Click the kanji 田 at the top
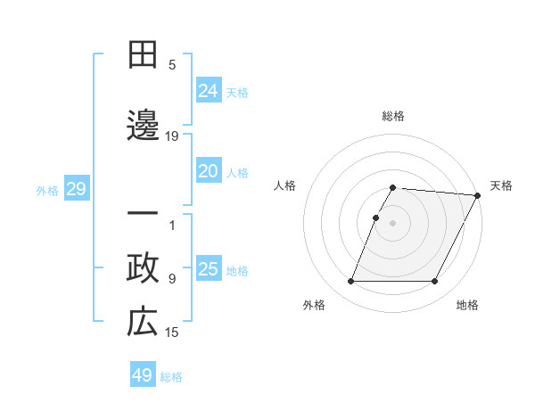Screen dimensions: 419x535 coord(143,55)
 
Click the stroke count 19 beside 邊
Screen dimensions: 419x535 coord(172,136)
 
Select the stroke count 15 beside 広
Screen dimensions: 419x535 coord(172,333)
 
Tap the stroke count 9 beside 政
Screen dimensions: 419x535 coord(172,279)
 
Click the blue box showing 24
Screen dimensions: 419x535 coord(209,90)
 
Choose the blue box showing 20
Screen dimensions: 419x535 coord(209,171)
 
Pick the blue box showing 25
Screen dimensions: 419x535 coord(209,269)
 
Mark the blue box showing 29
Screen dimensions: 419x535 coord(76,189)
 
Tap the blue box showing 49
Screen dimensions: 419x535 coord(143,375)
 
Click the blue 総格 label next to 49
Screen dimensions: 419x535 coord(171,377)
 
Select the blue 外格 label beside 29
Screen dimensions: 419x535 coord(47,191)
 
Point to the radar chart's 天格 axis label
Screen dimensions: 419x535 coord(501,185)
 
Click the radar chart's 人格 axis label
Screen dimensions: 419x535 coord(285,185)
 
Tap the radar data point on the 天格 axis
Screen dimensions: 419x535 coord(477,195)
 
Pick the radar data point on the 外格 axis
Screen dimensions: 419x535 coord(350,282)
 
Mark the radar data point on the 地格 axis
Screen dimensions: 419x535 coord(435,282)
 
